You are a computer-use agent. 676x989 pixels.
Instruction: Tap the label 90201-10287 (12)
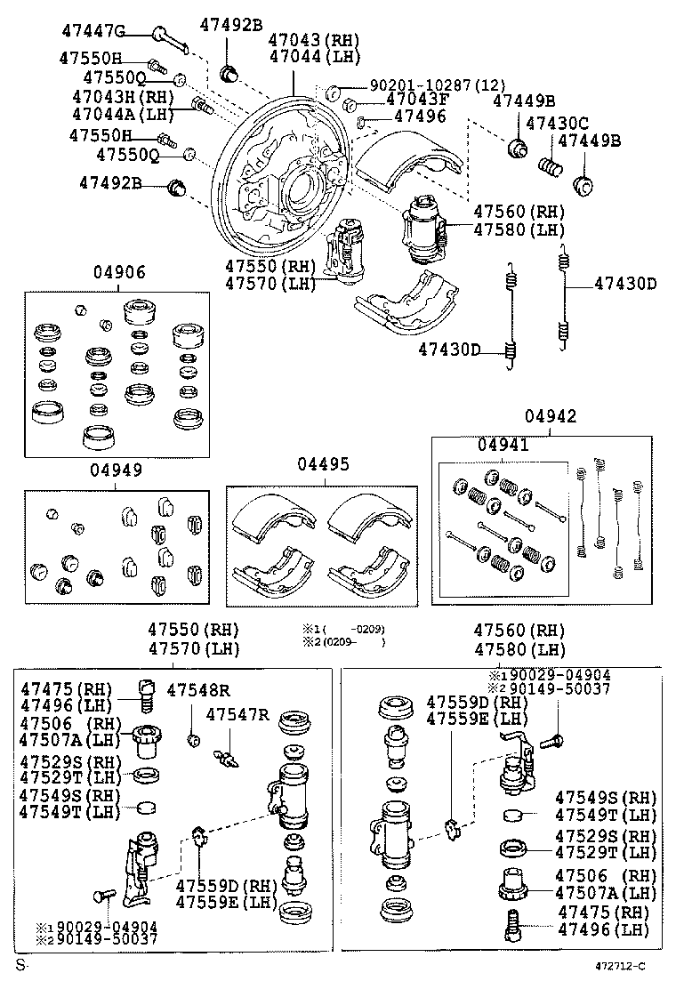[425, 85]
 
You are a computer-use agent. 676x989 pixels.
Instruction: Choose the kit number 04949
[116, 469]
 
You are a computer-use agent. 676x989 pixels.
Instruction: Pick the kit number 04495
[323, 464]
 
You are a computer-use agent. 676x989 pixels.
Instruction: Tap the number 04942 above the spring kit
[550, 415]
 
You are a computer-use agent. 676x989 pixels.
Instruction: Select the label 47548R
[198, 689]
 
